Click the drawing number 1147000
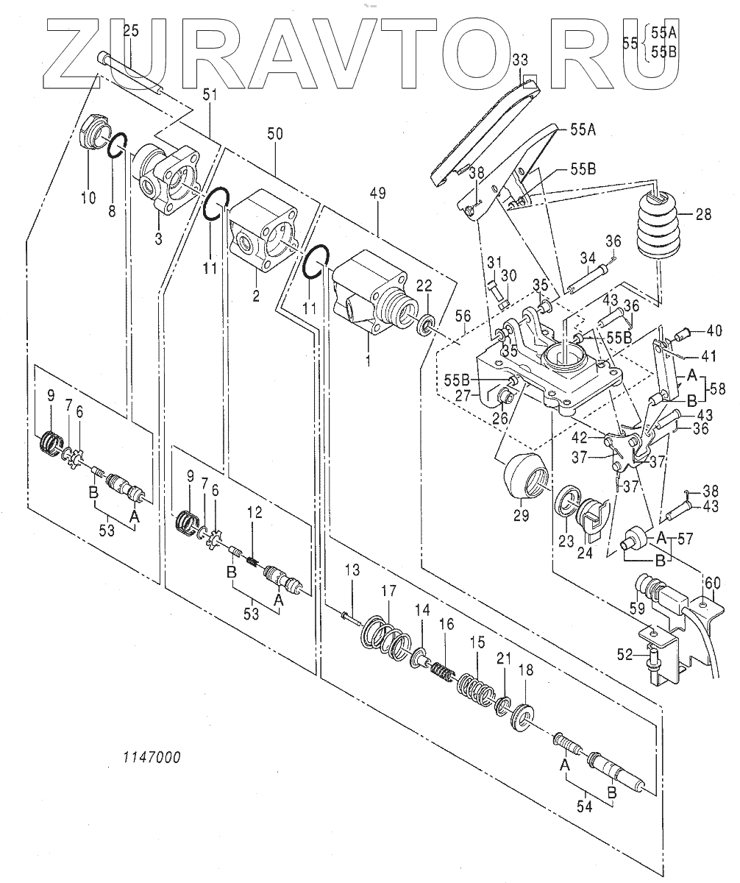[152, 757]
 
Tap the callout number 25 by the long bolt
[131, 30]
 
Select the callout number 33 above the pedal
[520, 60]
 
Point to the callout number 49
[377, 194]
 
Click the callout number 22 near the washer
[424, 286]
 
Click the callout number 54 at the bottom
[584, 807]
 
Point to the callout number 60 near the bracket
[713, 584]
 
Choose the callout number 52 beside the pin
[624, 656]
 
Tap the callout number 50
[275, 134]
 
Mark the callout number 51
[210, 95]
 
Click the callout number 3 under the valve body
[158, 239]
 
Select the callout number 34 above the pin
[587, 258]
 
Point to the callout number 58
[716, 389]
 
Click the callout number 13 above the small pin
[352, 570]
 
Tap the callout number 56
[463, 316]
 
